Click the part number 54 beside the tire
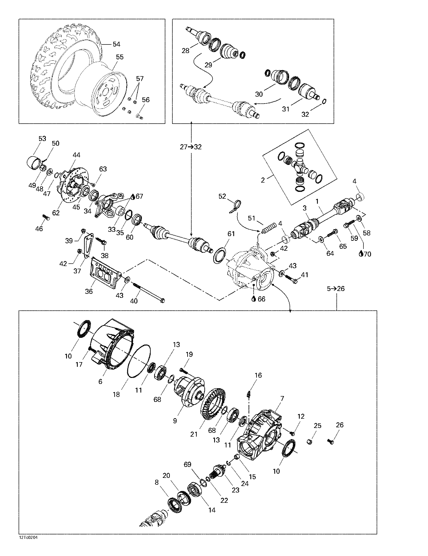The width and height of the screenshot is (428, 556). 116,44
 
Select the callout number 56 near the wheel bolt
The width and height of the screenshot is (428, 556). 146,100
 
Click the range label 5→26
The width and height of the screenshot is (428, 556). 336,288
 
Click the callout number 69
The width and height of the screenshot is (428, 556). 187,464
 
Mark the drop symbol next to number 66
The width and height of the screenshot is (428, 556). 253,299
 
